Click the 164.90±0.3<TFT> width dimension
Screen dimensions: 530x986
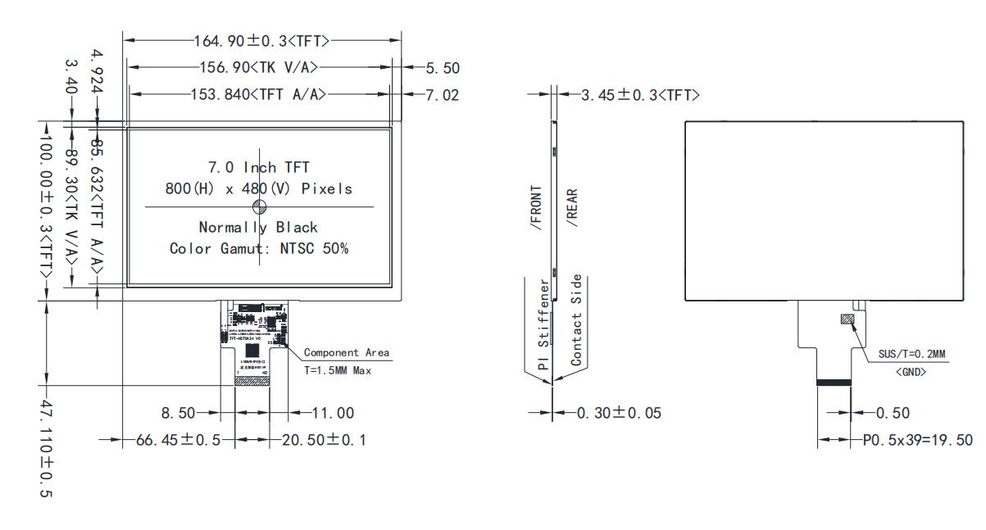pos(261,39)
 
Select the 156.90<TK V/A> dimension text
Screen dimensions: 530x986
pos(258,67)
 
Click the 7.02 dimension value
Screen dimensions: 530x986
pos(443,95)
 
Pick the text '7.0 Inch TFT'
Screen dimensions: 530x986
pos(259,168)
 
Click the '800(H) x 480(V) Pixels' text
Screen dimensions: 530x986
pos(259,189)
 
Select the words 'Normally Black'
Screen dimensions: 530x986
pos(259,227)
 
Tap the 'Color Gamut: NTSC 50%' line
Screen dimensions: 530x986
pos(259,248)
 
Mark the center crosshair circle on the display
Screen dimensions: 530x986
pos(259,206)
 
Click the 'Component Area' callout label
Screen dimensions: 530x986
pos(347,352)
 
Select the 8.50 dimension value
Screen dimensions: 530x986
pos(178,413)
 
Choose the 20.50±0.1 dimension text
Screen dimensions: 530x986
pos(324,440)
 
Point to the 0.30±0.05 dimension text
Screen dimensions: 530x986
pos(619,413)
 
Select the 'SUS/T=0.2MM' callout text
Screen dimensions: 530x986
pos(911,354)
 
